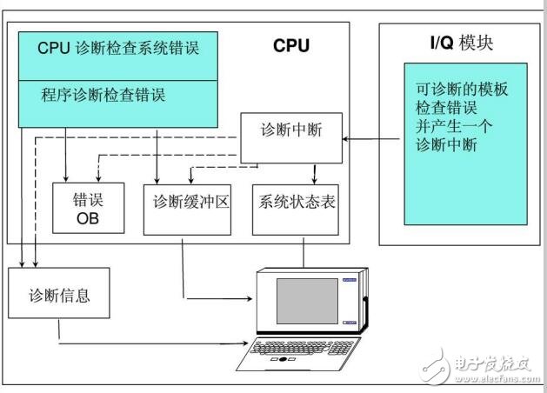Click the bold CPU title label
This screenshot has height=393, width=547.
290,46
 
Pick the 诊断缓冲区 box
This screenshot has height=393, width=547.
188,209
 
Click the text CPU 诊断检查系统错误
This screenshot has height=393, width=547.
118,48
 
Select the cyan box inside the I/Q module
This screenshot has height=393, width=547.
465,143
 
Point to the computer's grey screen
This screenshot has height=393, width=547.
306,301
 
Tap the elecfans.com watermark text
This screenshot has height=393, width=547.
497,379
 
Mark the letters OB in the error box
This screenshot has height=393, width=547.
88,218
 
